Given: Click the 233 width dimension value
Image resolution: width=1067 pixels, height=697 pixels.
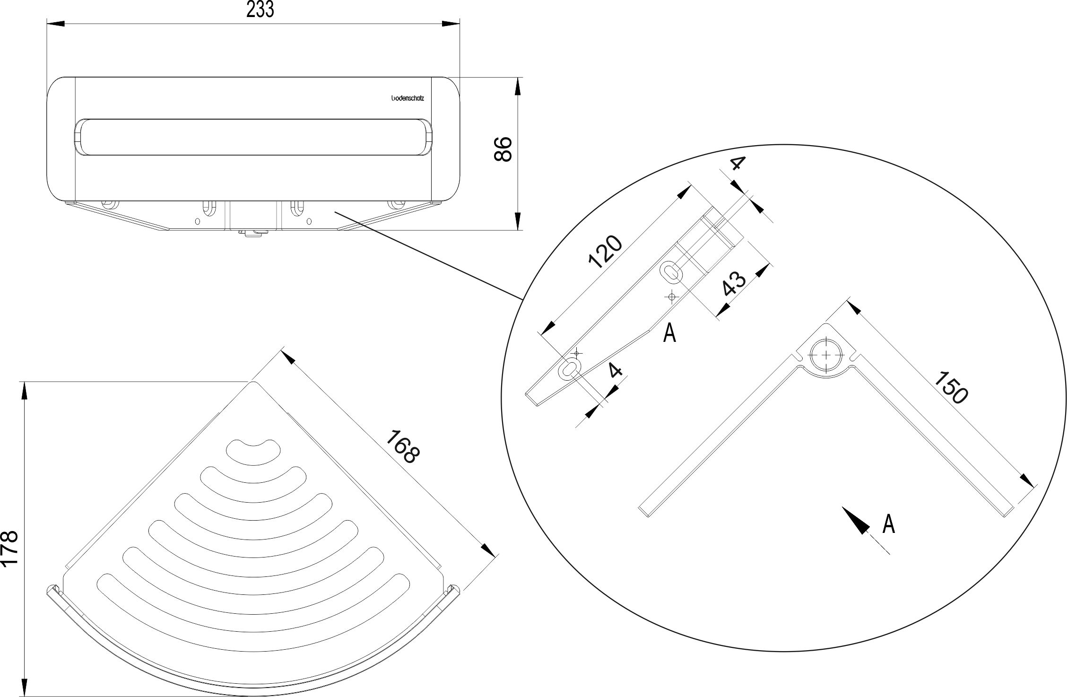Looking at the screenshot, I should tap(260, 9).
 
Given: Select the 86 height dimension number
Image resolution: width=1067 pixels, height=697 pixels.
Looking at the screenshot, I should tap(503, 149).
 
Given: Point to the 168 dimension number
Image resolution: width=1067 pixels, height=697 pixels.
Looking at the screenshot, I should tap(402, 446).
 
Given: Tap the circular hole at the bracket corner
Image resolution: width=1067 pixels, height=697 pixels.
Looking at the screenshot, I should tap(826, 356).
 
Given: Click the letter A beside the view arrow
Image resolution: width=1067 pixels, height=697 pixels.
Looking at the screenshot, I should tap(889, 524).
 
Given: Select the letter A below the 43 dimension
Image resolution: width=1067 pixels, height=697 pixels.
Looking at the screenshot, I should tap(669, 333).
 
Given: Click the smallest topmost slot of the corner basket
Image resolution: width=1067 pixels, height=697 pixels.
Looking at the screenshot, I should tap(253, 450).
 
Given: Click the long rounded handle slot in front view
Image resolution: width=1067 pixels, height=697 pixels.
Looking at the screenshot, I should tap(253, 137).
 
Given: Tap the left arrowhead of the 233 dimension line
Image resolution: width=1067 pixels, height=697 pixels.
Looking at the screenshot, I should tap(55, 23).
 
